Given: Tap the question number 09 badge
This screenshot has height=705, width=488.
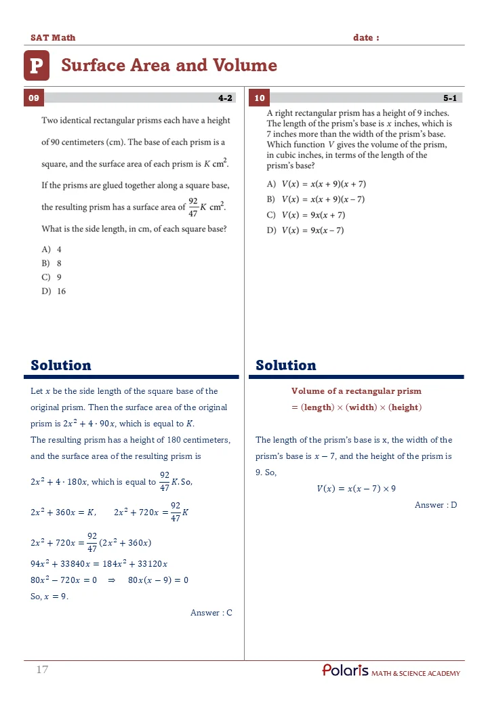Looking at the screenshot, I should click(34, 98).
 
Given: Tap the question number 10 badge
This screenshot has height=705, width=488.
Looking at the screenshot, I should click(260, 98).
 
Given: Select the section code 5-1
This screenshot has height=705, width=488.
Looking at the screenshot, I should click(450, 98).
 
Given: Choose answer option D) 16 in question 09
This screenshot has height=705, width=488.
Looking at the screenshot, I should click(54, 291).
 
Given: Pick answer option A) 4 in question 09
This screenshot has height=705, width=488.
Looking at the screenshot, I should click(52, 249).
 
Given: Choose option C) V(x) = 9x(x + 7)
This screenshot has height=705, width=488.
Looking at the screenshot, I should click(306, 215).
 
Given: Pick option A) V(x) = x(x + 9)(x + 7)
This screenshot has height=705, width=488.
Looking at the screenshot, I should click(317, 184).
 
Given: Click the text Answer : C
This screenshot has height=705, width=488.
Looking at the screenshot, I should click(211, 613).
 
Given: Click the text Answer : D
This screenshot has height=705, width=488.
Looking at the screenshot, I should click(436, 505).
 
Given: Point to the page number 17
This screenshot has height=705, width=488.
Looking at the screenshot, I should click(42, 670).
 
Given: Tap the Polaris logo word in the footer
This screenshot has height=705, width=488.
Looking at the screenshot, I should click(346, 670).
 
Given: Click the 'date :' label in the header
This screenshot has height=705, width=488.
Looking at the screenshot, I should click(366, 38).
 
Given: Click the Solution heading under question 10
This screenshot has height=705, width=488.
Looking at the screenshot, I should click(285, 365).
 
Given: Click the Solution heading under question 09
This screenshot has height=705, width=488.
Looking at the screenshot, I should click(61, 365).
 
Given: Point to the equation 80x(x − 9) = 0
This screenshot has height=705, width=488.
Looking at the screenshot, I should click(158, 580).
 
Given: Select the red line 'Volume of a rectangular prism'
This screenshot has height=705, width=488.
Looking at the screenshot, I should click(356, 391).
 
